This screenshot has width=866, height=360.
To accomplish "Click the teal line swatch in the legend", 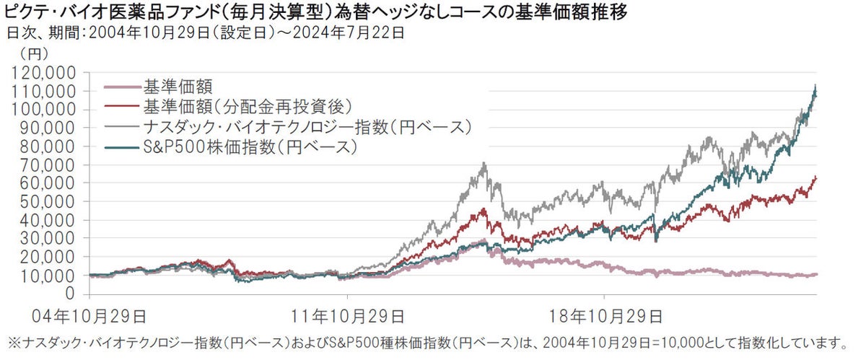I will (121, 148).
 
